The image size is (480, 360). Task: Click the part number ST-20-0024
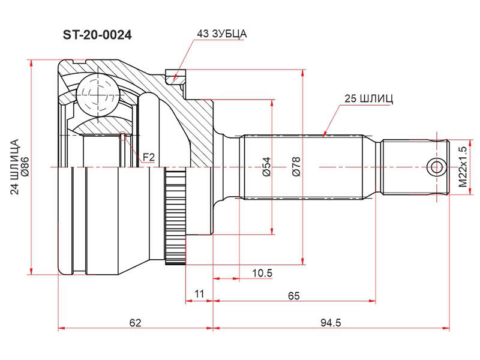[97, 35]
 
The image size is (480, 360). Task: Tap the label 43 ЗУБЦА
[221, 34]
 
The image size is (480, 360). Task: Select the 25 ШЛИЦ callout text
[368, 98]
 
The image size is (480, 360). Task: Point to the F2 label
[149, 157]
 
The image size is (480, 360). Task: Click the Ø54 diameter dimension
[266, 167]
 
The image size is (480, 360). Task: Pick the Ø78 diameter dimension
[296, 167]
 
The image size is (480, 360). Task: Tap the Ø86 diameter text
[25, 167]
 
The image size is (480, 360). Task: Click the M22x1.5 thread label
[463, 167]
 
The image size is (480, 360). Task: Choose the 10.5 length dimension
[262, 273]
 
